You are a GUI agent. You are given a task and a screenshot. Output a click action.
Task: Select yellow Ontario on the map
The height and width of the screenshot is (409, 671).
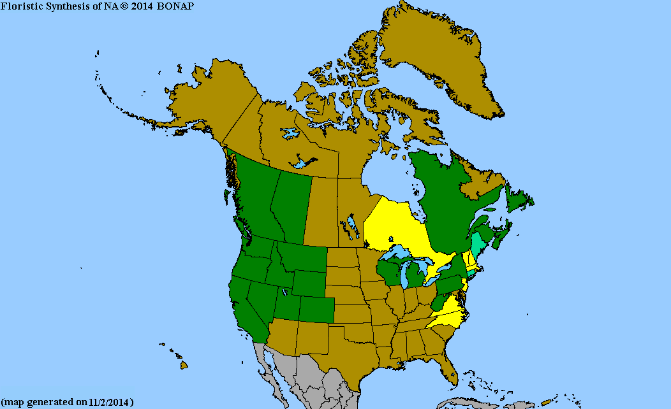[x=395, y=229]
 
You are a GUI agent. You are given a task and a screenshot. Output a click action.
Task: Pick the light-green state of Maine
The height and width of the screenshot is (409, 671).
[x=478, y=245]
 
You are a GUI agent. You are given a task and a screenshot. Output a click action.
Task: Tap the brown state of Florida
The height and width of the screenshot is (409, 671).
[x=446, y=366]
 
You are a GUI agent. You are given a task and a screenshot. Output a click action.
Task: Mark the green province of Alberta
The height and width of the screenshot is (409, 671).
[x=290, y=204]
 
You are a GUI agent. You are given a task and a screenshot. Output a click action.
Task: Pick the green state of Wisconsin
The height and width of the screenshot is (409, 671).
[x=391, y=271]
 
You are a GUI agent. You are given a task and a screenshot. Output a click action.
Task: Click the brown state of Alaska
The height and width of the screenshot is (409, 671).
[x=210, y=102]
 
